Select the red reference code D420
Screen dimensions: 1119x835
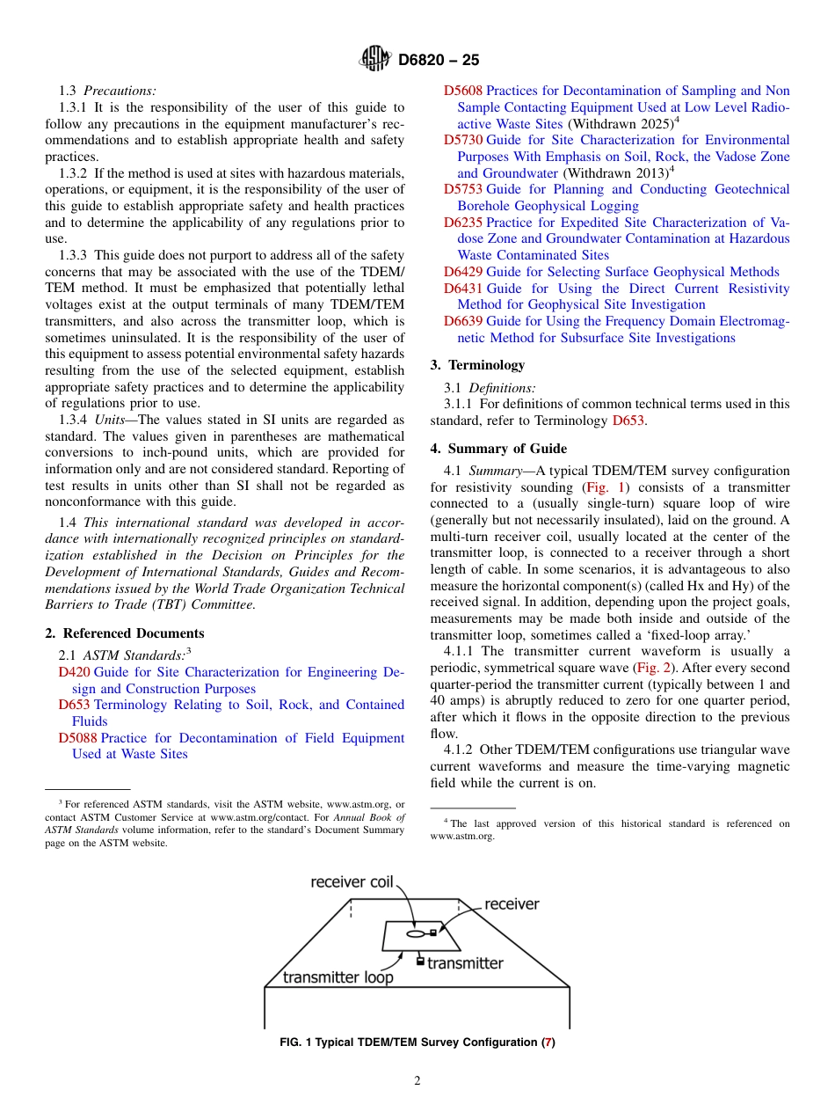[74, 672]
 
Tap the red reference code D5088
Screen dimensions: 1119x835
[77, 738]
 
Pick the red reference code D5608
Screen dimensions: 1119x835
[463, 91]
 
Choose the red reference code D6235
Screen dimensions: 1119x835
[463, 223]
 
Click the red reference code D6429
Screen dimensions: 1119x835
[463, 272]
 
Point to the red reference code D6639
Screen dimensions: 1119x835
[463, 321]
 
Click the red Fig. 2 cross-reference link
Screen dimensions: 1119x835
[650, 668]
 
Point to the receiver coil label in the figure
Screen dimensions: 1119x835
[351, 882]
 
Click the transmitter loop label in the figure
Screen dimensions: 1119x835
[338, 977]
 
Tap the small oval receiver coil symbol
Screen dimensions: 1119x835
[414, 933]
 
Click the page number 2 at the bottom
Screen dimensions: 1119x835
[417, 1081]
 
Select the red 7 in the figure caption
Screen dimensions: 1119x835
[548, 1042]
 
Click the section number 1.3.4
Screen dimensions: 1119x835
[75, 420]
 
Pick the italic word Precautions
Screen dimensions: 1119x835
[120, 91]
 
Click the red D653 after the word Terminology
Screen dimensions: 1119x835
[628, 421]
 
